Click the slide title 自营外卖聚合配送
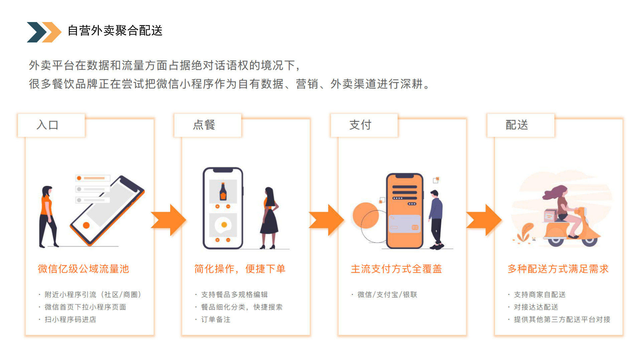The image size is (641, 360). click(x=115, y=31)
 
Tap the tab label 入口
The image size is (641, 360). click(x=47, y=125)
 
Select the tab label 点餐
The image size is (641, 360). click(x=204, y=125)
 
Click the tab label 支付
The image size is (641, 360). click(x=360, y=125)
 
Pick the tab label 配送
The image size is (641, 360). click(x=517, y=125)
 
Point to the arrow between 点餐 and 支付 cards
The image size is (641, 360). click(x=326, y=220)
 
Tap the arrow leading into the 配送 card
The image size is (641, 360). click(x=484, y=220)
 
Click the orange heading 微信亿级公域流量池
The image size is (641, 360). click(x=83, y=269)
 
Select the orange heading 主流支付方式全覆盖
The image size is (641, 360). click(x=396, y=269)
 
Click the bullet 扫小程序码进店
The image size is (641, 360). click(x=70, y=320)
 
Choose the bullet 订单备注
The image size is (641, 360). click(x=216, y=320)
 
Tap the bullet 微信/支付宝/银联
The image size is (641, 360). click(x=387, y=294)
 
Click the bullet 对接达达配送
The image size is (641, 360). click(x=536, y=307)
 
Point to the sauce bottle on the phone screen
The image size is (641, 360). click(x=223, y=192)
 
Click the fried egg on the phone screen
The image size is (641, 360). click(x=223, y=225)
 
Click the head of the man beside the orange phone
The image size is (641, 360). click(x=434, y=194)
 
